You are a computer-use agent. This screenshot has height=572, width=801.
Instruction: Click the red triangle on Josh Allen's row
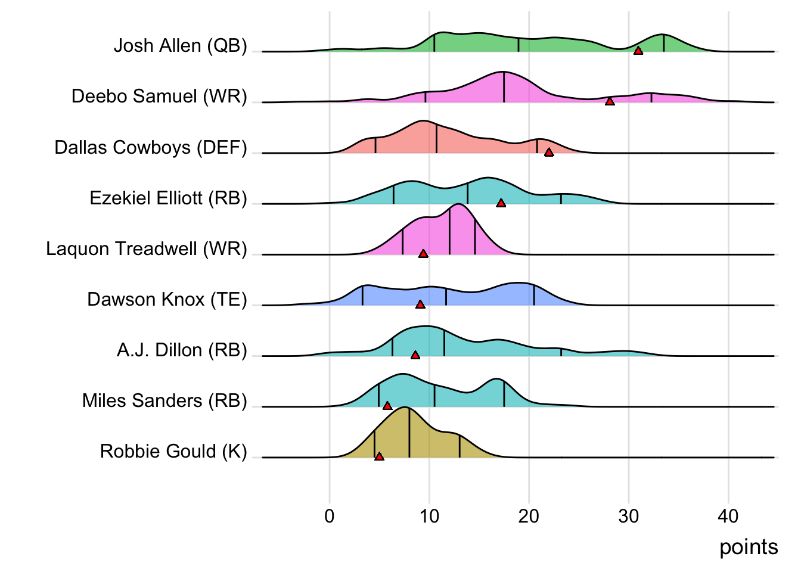tap(638, 51)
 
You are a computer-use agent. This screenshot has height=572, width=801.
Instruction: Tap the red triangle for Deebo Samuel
tap(610, 102)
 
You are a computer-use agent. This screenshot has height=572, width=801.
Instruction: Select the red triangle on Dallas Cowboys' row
tap(549, 153)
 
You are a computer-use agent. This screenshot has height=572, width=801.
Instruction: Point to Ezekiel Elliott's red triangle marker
tap(501, 203)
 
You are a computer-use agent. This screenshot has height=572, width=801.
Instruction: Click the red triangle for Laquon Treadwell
tap(423, 254)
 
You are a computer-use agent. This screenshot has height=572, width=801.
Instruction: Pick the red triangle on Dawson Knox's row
tap(420, 304)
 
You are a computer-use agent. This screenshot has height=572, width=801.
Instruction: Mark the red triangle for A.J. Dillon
tap(415, 355)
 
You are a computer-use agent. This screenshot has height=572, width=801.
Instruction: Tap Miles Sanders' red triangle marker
tap(387, 406)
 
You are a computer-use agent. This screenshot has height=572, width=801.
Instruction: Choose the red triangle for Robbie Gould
tap(379, 456)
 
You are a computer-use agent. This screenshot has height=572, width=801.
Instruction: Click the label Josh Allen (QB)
tap(180, 46)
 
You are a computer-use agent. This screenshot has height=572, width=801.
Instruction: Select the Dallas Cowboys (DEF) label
tap(151, 147)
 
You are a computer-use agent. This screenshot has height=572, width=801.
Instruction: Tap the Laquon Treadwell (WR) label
tap(147, 248)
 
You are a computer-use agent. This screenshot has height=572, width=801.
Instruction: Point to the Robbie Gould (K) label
tap(173, 451)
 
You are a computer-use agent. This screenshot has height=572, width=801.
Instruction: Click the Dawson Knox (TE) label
tap(167, 299)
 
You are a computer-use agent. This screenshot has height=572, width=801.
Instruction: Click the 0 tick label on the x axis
tap(330, 516)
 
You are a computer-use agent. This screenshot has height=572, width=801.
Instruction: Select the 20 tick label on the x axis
tap(529, 516)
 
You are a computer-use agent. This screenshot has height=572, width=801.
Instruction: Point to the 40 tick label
tap(728, 516)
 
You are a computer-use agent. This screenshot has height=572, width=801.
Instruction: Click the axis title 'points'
tap(749, 547)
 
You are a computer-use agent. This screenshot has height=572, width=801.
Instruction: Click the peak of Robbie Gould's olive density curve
tap(405, 408)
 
